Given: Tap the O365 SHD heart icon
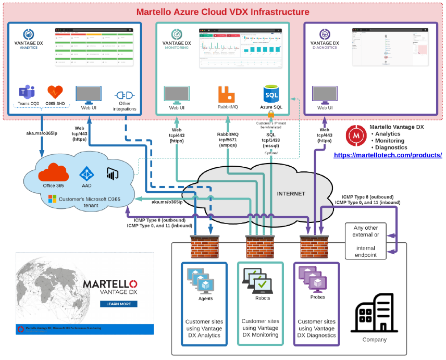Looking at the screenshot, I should point(55,93).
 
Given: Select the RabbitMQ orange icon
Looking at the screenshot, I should point(227,94).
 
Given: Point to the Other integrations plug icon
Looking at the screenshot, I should point(124,96).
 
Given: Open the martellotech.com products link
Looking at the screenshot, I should point(388,155).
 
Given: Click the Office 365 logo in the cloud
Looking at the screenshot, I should point(53,172).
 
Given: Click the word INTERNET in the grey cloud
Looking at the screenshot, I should point(291,193).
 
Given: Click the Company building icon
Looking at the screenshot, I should point(374,313).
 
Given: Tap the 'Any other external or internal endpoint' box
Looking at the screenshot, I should point(366,241).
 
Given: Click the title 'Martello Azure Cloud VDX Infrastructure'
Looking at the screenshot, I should point(222,11).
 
